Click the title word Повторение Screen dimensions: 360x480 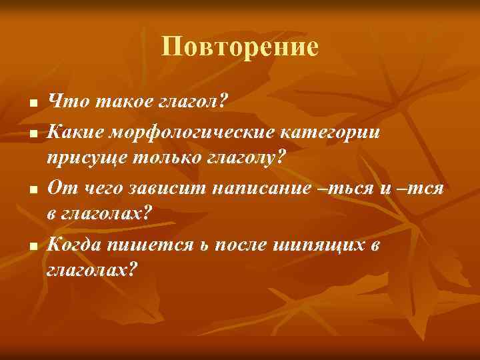(x=240, y=47)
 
